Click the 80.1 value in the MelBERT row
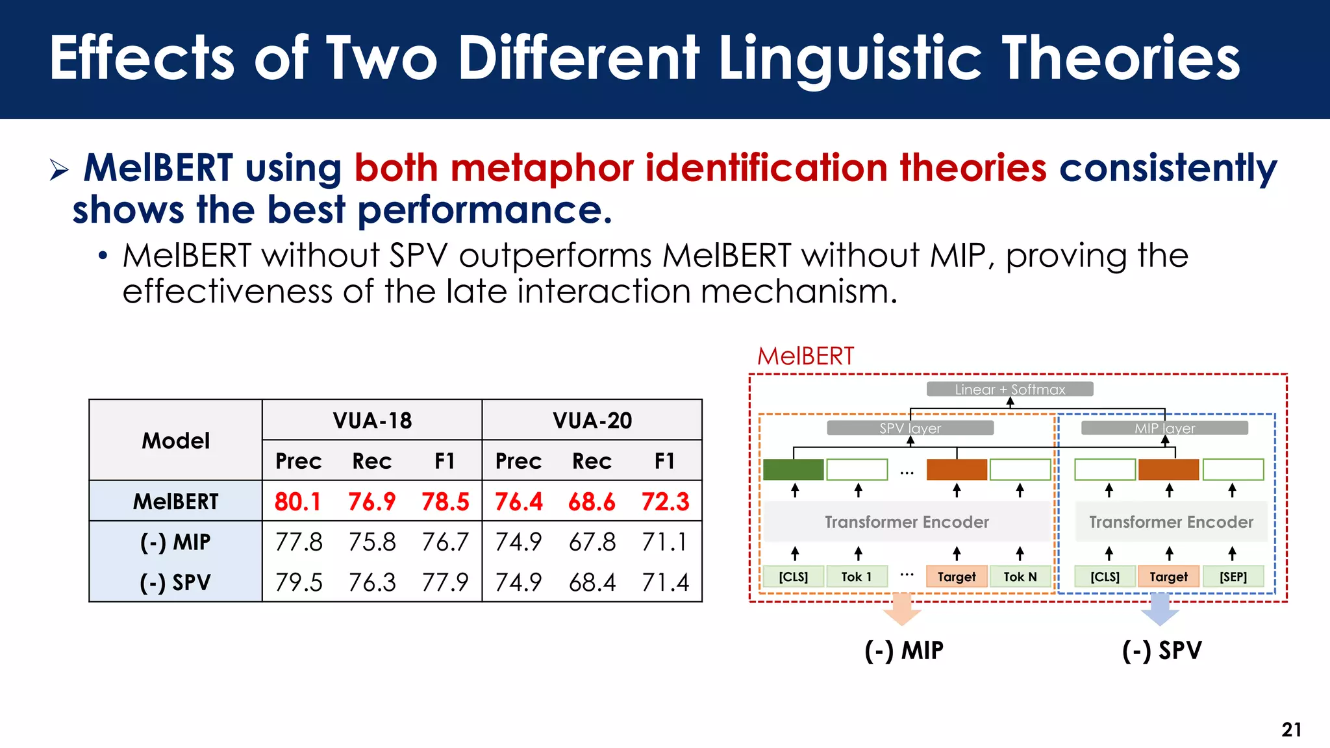coord(297,501)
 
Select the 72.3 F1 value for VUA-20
coord(665,501)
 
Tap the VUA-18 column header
coord(372,420)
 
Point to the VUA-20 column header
coord(592,420)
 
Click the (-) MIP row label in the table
coord(175,542)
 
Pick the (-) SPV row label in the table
coord(175,582)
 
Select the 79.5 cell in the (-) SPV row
coord(299,582)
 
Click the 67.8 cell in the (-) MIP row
coord(592,542)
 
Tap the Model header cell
coord(175,440)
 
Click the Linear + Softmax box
coord(1009,390)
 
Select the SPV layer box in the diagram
coord(910,428)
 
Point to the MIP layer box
coord(1164,428)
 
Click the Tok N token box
coord(1020,577)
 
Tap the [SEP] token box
coord(1233,577)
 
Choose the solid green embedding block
coord(793,469)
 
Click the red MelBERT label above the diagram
coord(805,356)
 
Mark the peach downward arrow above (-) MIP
coord(902,609)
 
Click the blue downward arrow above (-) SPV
coord(1160,609)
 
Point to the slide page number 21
coord(1291,730)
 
